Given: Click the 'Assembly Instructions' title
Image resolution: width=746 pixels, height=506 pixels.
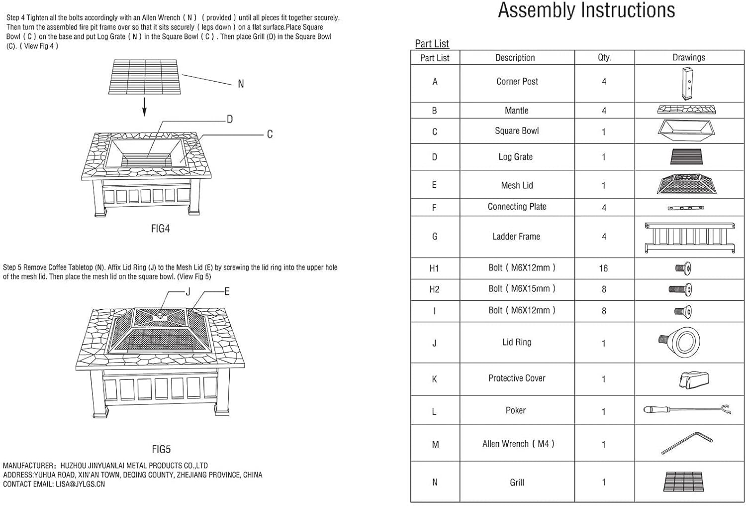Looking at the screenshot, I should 586,10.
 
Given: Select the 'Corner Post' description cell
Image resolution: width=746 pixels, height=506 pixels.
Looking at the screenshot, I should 517,82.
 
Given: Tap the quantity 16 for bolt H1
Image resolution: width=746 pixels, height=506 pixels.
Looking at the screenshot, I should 603,268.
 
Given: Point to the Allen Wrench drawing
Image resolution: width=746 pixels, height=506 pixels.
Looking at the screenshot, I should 687,443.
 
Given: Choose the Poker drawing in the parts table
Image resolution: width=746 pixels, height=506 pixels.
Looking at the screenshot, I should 687,410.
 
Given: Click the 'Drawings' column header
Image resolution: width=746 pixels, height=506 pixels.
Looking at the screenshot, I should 689,57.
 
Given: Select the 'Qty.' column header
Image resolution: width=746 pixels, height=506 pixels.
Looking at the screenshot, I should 604,57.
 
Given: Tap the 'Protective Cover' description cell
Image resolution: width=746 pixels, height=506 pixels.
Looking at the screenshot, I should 517,379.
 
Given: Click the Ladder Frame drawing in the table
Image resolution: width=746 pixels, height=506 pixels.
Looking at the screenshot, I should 689,237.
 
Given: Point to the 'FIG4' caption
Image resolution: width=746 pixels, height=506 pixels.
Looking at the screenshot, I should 161,229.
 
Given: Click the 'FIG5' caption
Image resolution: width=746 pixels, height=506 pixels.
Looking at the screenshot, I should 161,449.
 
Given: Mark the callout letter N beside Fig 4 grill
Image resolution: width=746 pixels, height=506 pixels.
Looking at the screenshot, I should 241,84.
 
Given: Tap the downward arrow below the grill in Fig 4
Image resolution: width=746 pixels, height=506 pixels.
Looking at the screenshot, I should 144,107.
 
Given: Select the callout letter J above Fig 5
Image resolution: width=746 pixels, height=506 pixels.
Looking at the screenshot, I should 188,292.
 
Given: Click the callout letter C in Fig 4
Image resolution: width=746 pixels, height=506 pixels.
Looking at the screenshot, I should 270,134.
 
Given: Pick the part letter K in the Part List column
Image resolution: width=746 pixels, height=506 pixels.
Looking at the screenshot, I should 434,379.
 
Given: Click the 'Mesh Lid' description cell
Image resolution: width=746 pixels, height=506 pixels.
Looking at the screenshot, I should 517,185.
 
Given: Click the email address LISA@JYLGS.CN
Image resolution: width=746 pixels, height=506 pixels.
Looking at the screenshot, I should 80,484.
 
